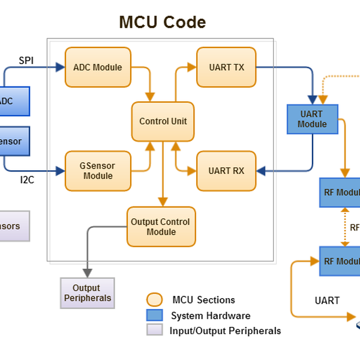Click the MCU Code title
(x=162, y=22)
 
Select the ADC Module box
(x=97, y=67)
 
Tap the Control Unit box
(x=163, y=121)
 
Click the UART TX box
(x=226, y=67)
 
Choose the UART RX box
(x=226, y=171)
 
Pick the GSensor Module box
(x=97, y=171)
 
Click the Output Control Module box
(x=160, y=227)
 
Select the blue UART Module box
(x=312, y=119)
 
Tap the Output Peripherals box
(x=88, y=293)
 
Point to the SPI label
(x=26, y=60)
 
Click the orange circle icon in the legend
(x=154, y=299)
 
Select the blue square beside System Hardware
(x=154, y=315)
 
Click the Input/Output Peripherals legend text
(x=226, y=331)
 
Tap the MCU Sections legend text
(x=203, y=299)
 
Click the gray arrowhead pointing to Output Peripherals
(x=88, y=273)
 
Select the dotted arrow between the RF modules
(x=344, y=227)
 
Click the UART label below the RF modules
(x=327, y=301)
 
